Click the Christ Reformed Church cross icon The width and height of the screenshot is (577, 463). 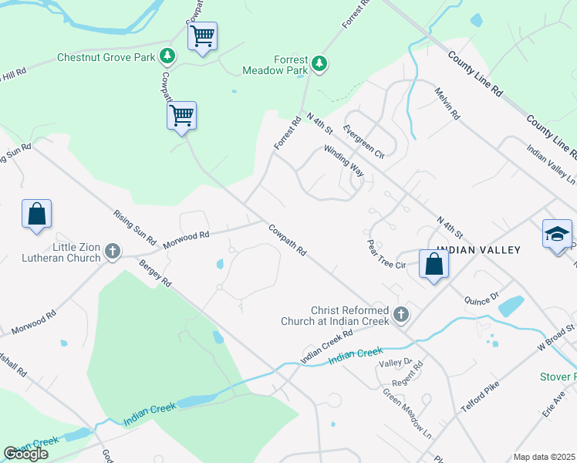point(400,314)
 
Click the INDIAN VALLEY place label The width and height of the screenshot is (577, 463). point(478,250)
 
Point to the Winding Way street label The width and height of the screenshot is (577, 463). point(343,161)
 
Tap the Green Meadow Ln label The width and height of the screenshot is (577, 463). point(407,409)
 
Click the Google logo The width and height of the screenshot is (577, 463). point(25,454)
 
